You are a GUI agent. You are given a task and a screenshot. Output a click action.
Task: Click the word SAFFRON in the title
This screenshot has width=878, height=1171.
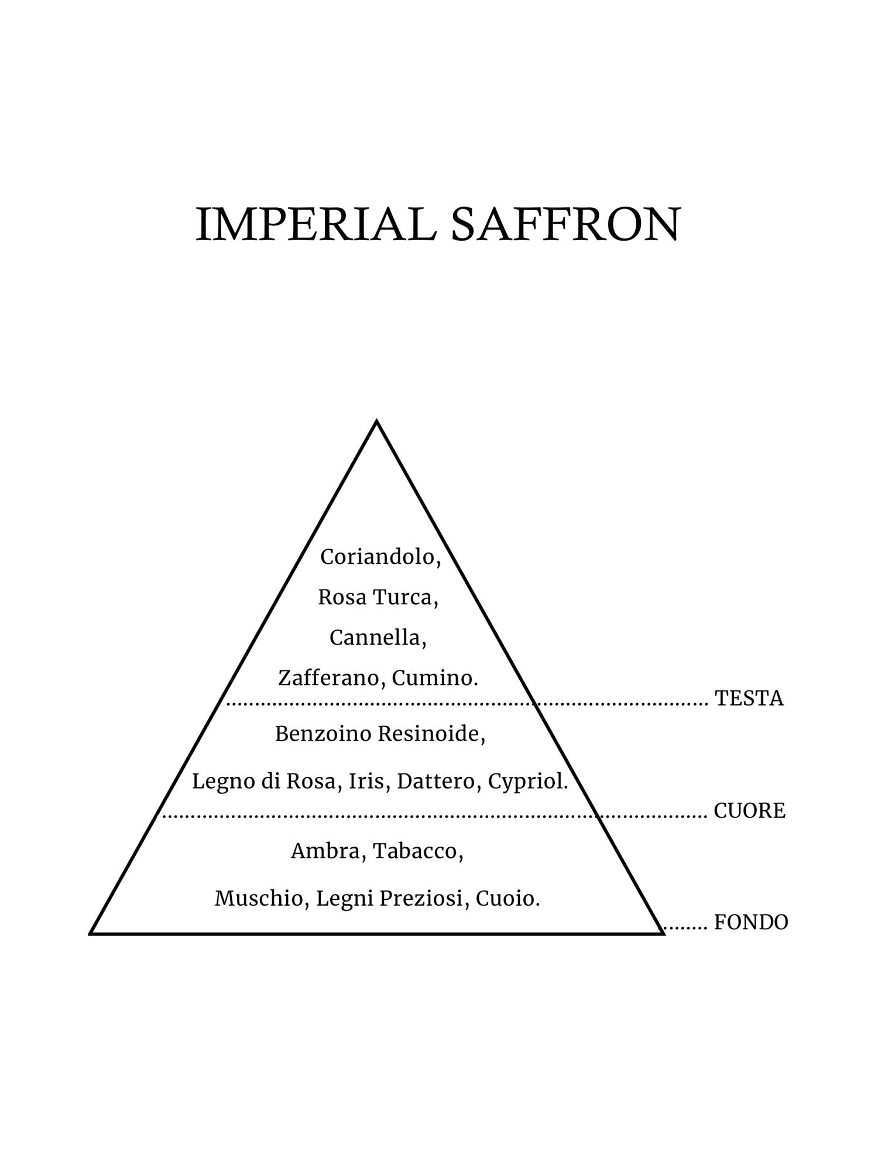565,225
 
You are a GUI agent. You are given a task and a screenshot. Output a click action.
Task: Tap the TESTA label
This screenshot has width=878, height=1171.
749,699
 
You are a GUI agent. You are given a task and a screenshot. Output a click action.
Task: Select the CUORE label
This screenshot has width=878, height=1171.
749,811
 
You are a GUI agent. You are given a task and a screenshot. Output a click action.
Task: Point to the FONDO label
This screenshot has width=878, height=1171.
751,923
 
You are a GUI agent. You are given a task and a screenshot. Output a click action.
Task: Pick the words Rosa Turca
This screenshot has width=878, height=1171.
378,598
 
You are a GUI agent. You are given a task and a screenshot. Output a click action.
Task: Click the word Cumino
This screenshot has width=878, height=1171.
434,679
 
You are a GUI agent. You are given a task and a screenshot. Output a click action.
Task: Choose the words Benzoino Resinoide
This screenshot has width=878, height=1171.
379,734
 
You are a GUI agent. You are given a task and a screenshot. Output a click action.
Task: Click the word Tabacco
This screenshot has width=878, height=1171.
417,851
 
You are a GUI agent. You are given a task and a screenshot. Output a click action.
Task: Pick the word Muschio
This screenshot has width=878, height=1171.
260,899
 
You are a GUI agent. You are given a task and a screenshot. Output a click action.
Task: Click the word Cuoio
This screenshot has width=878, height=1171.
506,899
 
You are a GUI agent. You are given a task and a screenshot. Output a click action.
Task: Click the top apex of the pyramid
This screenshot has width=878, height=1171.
376,421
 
